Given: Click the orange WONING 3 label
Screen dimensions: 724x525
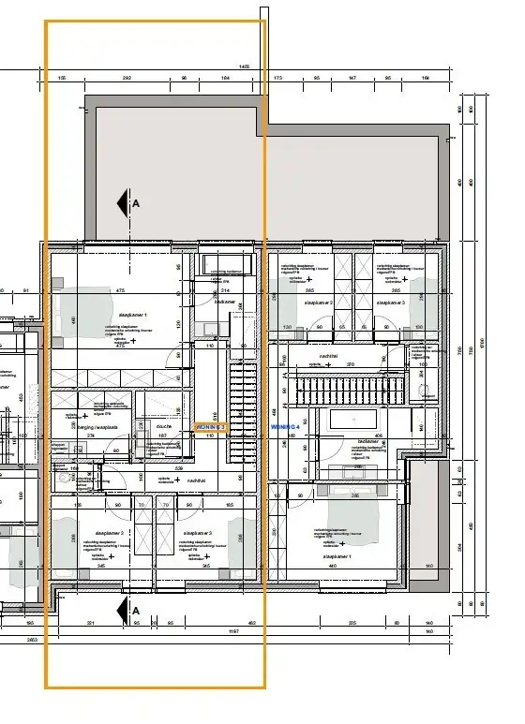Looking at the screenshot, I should (210, 426).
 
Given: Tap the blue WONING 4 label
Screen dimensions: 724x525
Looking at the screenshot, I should (283, 426).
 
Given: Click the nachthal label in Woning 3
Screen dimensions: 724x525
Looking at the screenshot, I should (196, 480).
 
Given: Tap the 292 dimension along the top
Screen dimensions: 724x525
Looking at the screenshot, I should (127, 79).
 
